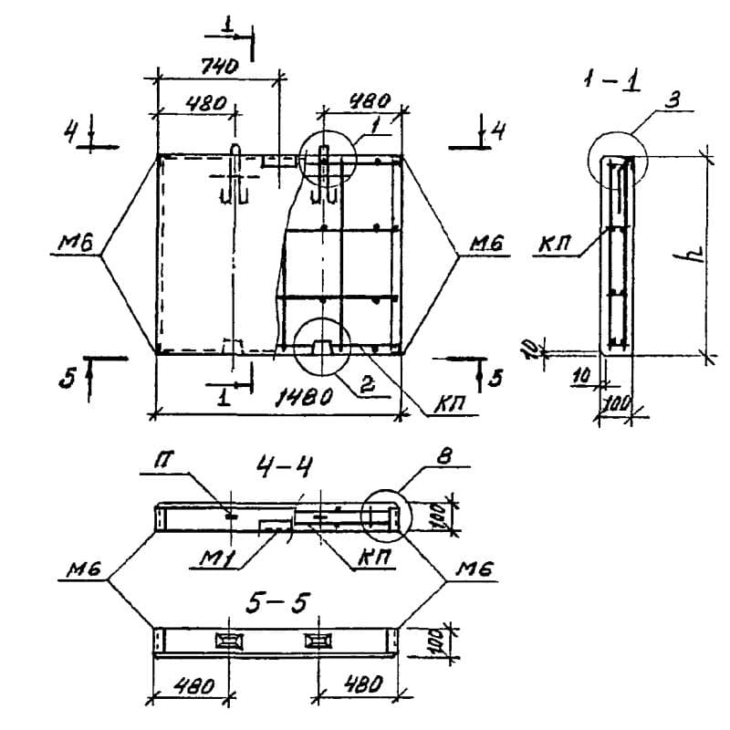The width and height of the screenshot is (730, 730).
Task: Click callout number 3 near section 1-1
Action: point(672,101)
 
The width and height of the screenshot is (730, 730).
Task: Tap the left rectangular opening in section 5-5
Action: point(224,640)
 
